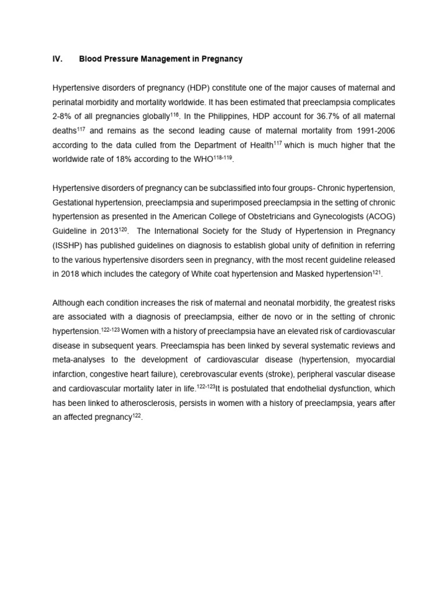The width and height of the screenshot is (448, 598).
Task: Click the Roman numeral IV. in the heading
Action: tap(57, 59)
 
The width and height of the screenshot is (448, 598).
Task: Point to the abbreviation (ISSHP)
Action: tap(69, 244)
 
